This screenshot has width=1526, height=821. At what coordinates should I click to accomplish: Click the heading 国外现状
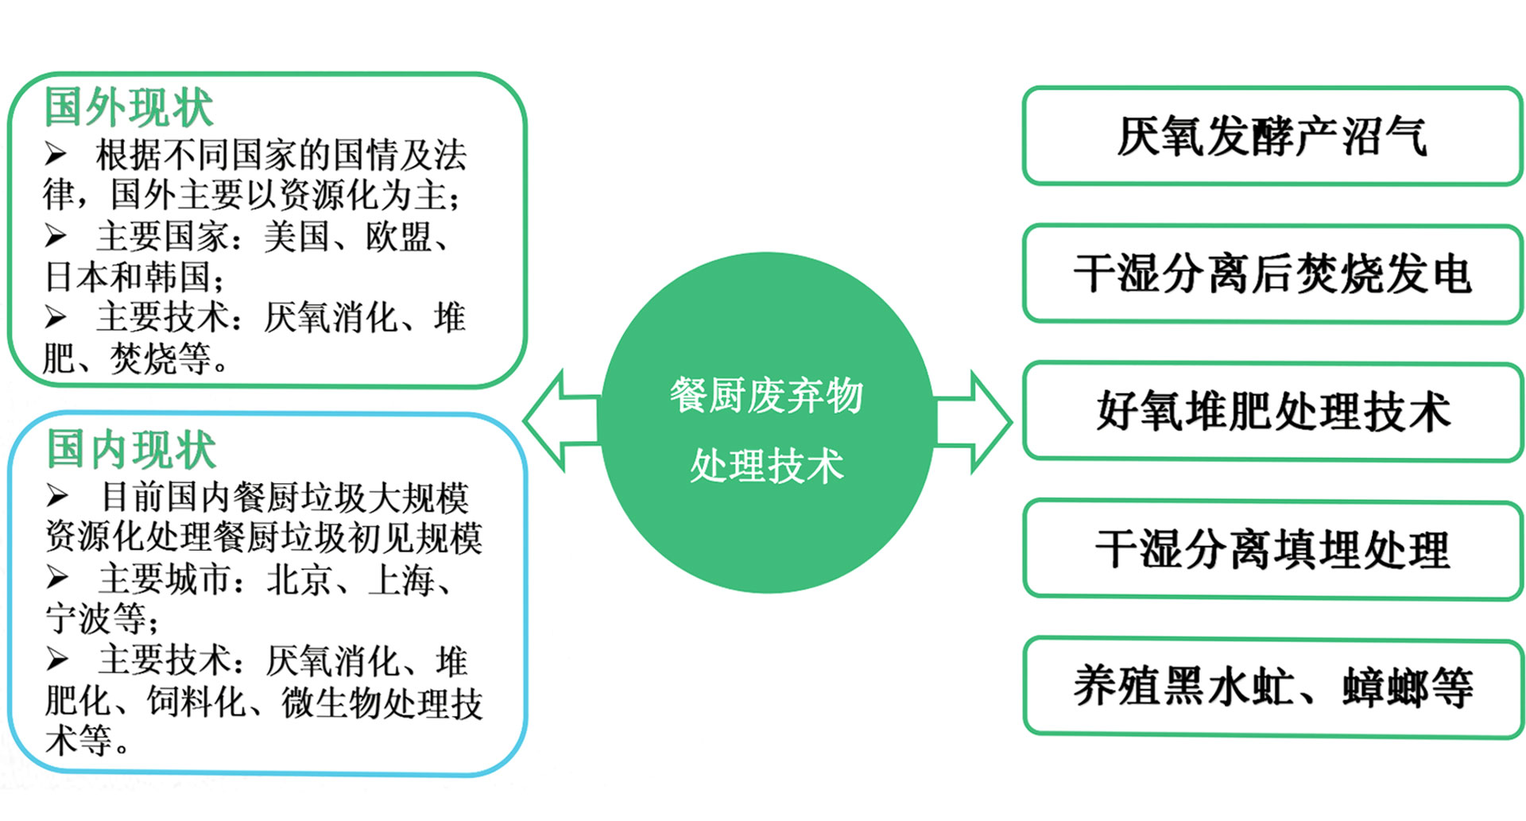pos(129,107)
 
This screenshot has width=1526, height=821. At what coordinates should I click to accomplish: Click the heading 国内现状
pos(131,449)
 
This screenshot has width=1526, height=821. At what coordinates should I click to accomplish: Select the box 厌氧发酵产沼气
pos(1272,137)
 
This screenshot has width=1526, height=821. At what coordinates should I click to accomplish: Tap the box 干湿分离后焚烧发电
pos(1272,274)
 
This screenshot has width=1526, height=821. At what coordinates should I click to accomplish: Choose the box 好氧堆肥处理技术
pos(1272,412)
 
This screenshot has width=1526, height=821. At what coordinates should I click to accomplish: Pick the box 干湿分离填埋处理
pos(1272,549)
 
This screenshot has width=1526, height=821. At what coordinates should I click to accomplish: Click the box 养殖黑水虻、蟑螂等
pos(1272,687)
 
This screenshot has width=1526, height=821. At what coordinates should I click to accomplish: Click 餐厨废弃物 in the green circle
pos(766,395)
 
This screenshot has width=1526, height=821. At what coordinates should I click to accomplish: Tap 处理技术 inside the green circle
pos(766,466)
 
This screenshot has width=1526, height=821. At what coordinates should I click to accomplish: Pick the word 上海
pos(401,579)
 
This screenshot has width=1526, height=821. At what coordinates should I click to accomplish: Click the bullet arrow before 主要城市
pos(56,577)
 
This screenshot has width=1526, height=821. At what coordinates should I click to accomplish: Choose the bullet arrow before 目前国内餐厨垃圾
pos(56,496)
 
